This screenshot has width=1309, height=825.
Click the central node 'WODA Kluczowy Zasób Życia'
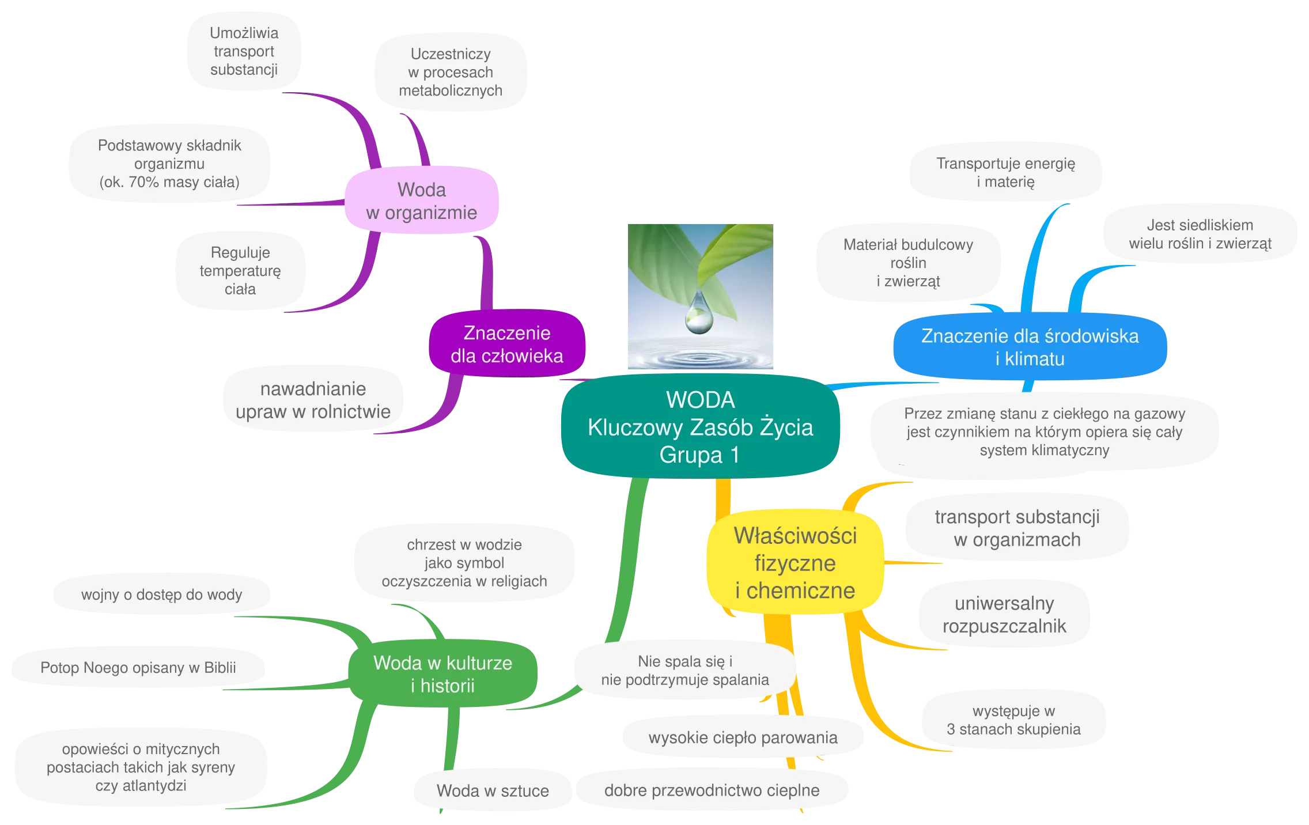700,427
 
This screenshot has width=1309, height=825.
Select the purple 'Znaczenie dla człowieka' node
507,345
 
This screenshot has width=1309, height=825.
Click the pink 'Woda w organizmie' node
422,201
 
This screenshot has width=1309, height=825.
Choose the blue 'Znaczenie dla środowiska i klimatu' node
1030,347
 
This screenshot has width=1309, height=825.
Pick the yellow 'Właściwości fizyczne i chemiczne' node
795,563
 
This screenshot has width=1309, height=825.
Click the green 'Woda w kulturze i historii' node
442,674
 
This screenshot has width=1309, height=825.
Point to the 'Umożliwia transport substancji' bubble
244,51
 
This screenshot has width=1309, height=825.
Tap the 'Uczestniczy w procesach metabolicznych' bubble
451,72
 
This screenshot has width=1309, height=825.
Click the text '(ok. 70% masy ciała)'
169,182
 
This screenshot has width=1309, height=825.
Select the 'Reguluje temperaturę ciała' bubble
240,271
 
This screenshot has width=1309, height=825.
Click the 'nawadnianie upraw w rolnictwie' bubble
313,400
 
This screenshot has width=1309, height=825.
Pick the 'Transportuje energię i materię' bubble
1005,172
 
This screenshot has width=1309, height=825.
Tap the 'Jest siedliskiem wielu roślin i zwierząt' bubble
1200,234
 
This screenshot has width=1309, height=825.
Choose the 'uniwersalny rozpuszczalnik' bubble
1004,615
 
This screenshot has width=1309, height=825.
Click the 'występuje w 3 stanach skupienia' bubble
1013,720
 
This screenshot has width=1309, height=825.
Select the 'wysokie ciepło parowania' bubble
743,737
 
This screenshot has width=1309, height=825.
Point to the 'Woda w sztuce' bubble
493,790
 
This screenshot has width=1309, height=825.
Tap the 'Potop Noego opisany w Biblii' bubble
138,668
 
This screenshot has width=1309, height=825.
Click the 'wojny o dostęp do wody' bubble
161,595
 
